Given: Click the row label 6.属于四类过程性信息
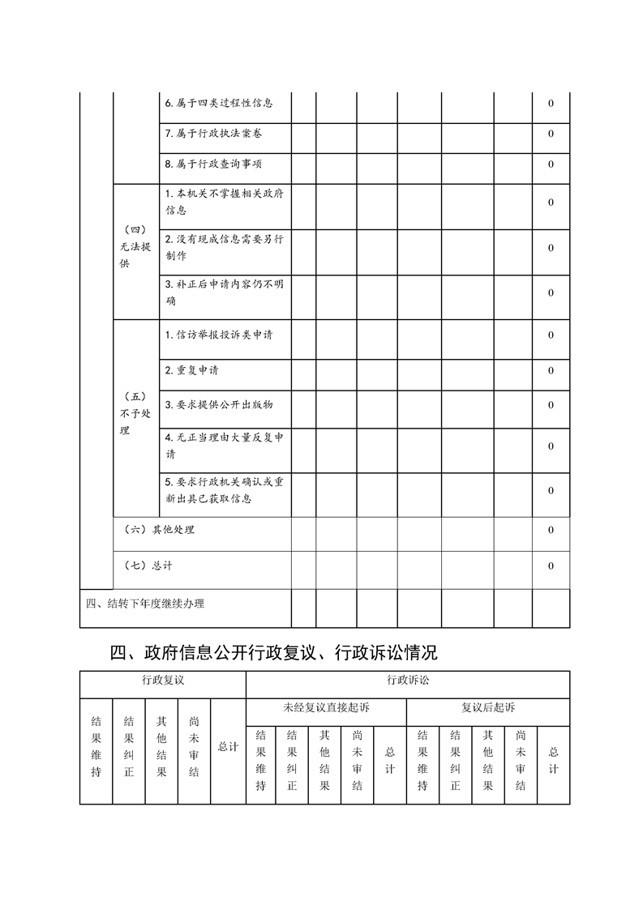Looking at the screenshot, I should point(218,103).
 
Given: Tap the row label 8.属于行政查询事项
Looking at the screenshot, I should point(213,164).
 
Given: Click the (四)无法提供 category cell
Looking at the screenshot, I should point(135,247).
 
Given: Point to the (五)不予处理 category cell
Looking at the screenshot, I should point(135,413).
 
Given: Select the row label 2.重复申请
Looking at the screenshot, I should point(191,370).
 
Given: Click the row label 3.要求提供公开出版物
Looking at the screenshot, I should point(219,404).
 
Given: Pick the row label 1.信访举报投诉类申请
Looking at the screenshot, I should point(218,335).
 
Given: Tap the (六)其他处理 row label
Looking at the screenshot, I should point(161,530).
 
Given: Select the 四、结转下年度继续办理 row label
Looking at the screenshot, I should point(145,603).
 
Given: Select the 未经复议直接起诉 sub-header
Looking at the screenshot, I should point(326,707).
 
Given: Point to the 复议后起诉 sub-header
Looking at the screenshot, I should point(488,707).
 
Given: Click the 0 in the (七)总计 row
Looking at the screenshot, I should point(551,565).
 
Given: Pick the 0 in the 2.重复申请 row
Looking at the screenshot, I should point(551,370).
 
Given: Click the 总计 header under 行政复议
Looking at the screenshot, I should point(228,747).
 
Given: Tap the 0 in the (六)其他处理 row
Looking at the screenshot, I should point(551,530).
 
